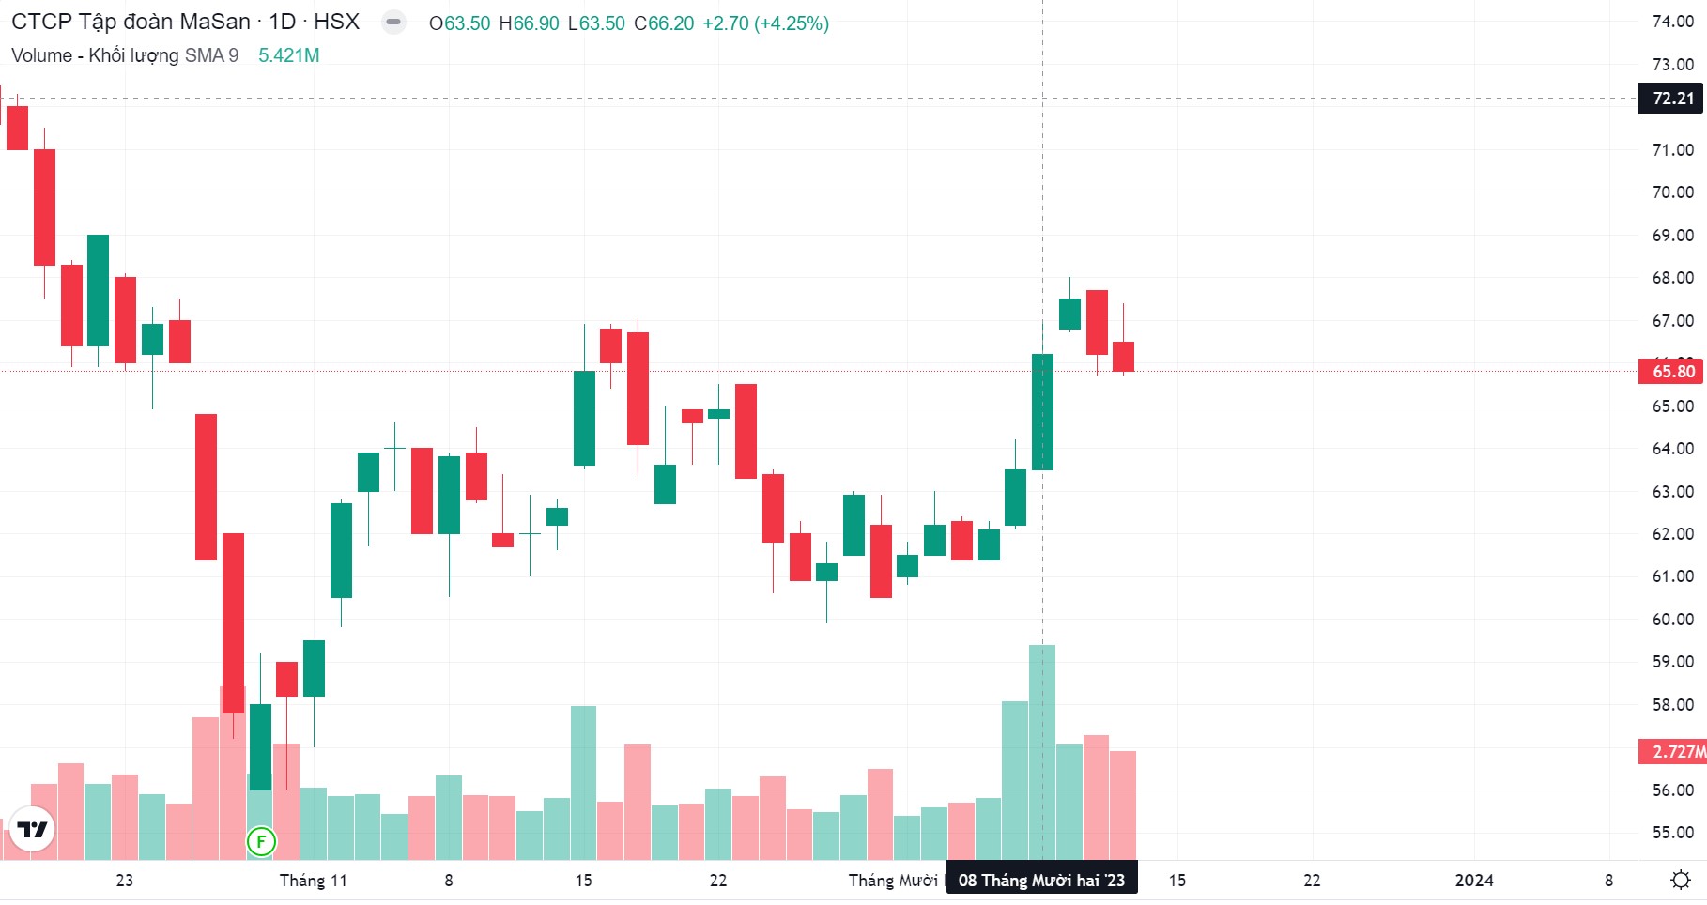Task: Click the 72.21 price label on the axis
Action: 1672,99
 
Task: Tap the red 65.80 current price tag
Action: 1672,371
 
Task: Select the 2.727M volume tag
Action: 1676,751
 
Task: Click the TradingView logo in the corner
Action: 32,829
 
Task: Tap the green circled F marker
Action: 261,841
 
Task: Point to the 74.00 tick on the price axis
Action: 1672,22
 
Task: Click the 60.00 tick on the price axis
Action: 1672,620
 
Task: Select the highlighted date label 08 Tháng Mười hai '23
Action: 1041,881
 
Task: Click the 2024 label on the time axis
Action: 1473,881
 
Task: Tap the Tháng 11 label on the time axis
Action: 313,881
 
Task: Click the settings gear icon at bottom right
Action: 1681,880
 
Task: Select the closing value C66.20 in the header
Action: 664,23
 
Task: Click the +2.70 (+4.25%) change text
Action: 765,23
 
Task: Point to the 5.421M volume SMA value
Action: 289,55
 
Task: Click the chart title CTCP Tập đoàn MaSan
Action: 131,22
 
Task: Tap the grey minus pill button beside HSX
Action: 394,22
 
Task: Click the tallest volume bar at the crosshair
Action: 1042,751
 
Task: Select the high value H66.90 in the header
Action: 529,23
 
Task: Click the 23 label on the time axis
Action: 124,881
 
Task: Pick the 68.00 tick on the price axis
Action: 1672,278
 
